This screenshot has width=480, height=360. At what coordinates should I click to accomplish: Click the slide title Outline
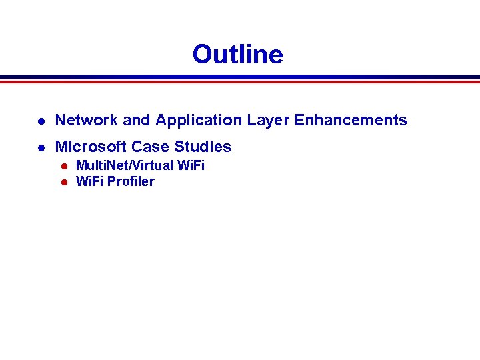point(237,54)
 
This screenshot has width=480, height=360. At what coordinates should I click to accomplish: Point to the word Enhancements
point(351,120)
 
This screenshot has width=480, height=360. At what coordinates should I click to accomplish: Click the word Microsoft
point(90,147)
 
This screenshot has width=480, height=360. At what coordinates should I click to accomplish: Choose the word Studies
point(203,147)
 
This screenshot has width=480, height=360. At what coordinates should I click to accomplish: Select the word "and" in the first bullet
point(137,120)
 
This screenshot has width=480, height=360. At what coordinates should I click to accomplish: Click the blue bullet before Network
point(41,121)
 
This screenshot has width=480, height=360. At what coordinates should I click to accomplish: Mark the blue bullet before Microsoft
point(41,147)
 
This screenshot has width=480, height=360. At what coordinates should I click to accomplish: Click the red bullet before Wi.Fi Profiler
point(65,182)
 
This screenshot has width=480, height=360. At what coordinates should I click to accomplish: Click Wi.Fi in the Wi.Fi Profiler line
point(90,181)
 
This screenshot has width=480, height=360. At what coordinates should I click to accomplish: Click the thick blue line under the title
point(240,77)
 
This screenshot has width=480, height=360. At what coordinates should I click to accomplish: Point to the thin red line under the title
point(240,82)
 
